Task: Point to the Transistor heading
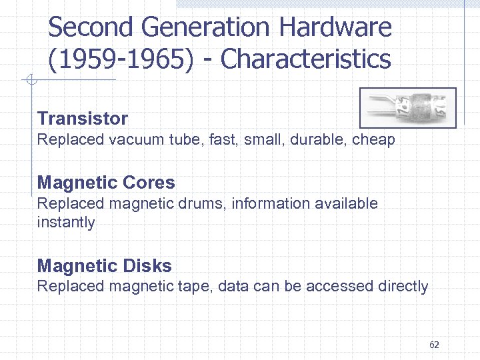[83, 119]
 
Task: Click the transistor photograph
[408, 107]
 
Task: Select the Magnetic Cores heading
[106, 183]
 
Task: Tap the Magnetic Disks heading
[104, 266]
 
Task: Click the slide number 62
[434, 345]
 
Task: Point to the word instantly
[66, 222]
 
